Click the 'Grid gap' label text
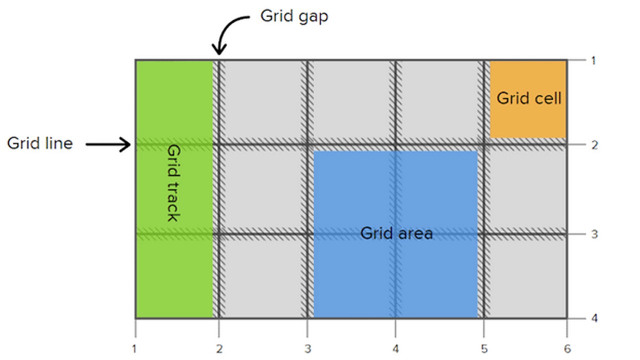(294, 16)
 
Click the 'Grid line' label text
(40, 143)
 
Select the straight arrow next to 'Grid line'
(108, 145)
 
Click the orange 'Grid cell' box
(528, 98)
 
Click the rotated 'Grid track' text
(173, 183)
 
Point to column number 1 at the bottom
(134, 349)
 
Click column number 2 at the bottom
(218, 349)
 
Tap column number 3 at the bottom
(307, 349)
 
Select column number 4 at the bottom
(395, 349)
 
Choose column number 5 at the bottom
(483, 349)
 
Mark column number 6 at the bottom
(567, 349)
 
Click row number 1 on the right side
(593, 61)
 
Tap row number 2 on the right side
(594, 145)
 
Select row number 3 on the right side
(594, 233)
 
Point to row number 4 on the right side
(594, 318)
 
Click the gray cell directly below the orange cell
(528, 190)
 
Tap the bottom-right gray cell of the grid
(528, 277)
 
